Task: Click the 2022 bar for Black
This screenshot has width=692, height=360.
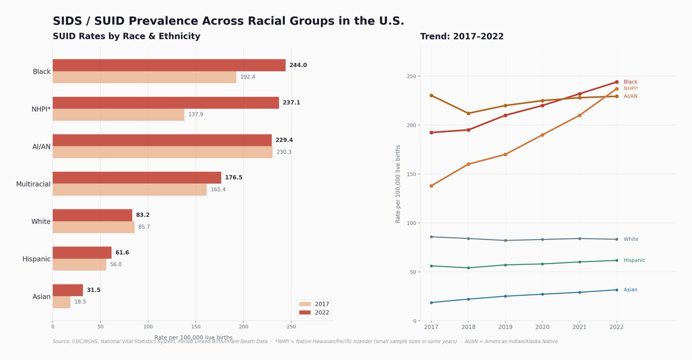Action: pyautogui.click(x=169, y=65)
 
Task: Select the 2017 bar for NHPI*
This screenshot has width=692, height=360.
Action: pyautogui.click(x=118, y=115)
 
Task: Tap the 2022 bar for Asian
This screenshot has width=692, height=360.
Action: pyautogui.click(x=67, y=290)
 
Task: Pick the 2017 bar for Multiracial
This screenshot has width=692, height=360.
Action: pyautogui.click(x=129, y=190)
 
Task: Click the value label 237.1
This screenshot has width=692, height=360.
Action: pyautogui.click(x=291, y=103)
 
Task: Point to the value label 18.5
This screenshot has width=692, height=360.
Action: pyautogui.click(x=80, y=302)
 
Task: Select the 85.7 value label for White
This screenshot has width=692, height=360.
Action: pyautogui.click(x=144, y=227)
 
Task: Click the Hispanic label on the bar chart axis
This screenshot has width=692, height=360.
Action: pyautogui.click(x=36, y=259)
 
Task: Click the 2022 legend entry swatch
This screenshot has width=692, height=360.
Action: pyautogui.click(x=306, y=313)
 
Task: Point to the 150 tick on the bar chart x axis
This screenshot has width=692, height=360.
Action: pyautogui.click(x=196, y=327)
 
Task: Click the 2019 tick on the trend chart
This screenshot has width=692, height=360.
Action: pyautogui.click(x=505, y=327)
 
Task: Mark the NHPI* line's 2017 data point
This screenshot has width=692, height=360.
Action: pyautogui.click(x=431, y=186)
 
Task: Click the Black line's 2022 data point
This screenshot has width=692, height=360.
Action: pyautogui.click(x=616, y=82)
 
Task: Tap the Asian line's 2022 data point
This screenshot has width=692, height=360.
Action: pyautogui.click(x=616, y=290)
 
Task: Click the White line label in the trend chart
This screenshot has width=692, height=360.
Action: pyautogui.click(x=631, y=239)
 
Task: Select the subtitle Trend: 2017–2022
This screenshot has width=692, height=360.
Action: pyautogui.click(x=462, y=37)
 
